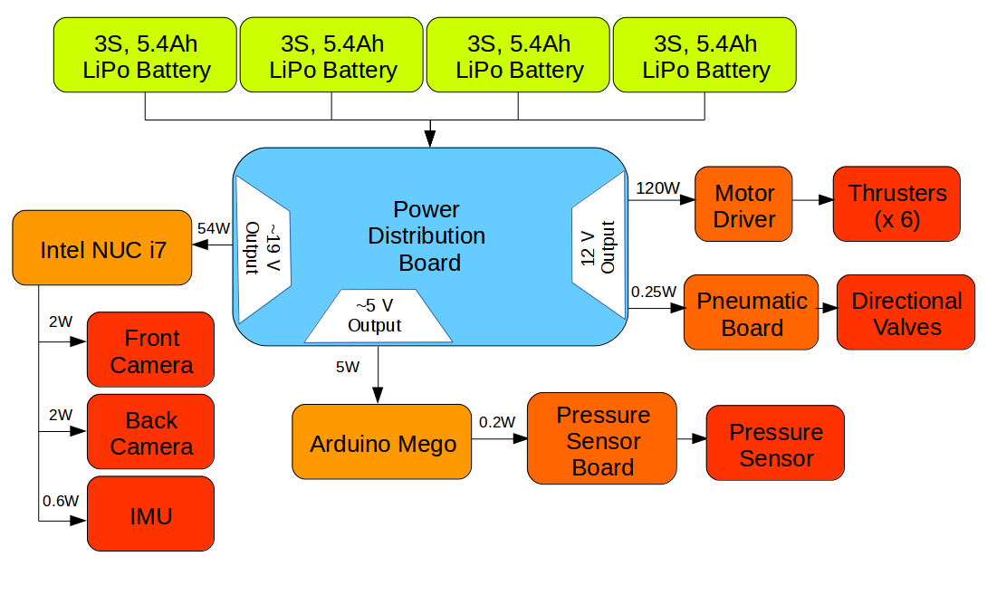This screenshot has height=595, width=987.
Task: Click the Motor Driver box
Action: [x=743, y=204]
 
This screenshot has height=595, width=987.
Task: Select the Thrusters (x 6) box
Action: [x=896, y=204]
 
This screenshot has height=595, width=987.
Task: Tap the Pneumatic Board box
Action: [x=751, y=312]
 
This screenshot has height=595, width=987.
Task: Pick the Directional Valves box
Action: [x=906, y=312]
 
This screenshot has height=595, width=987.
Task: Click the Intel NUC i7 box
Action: [x=103, y=248]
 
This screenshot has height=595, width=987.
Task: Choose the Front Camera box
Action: [x=150, y=350]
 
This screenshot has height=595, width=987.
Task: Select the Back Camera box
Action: [x=150, y=432]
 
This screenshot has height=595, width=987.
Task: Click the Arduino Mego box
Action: [x=382, y=442]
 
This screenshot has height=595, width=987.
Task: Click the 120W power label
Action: [x=657, y=188]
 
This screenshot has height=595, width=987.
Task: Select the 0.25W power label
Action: [x=653, y=292]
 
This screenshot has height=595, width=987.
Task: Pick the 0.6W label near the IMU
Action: [x=60, y=500]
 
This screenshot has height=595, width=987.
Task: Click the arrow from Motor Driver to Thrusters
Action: [x=812, y=200]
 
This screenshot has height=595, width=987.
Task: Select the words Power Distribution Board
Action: [x=427, y=235]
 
